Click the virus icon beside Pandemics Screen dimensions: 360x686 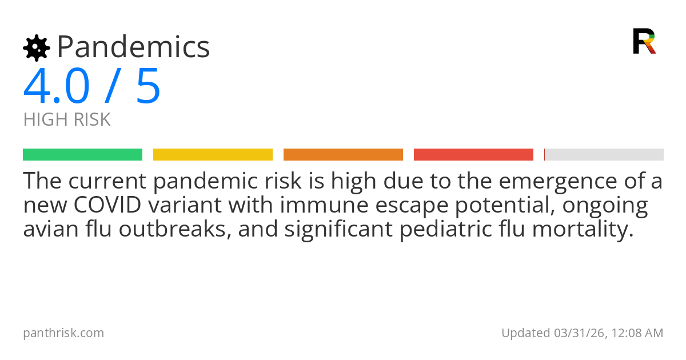tap(37, 48)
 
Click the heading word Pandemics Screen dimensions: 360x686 tap(133, 47)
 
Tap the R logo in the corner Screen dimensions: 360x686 tap(644, 41)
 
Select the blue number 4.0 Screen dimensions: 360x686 tap(57, 87)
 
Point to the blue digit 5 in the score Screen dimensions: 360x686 tap(148, 87)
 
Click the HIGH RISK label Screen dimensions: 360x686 tap(67, 120)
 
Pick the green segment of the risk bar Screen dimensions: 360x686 tap(82, 155)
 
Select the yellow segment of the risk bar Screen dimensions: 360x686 tap(213, 155)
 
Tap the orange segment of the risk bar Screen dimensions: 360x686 tap(343, 155)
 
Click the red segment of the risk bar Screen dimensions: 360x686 tap(473, 155)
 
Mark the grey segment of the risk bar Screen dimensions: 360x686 tap(604, 155)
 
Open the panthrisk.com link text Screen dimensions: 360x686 tap(63, 333)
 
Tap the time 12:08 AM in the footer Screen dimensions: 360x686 tap(637, 333)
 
